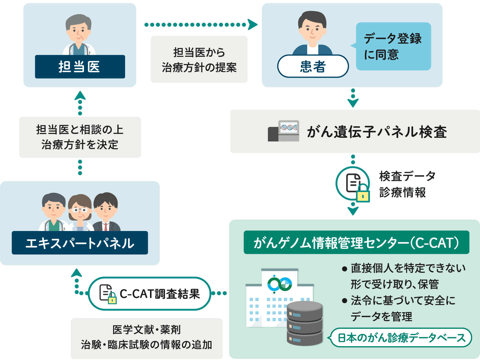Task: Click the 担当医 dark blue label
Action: click(80, 67)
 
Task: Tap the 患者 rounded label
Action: click(313, 66)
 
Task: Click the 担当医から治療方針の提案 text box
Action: click(199, 59)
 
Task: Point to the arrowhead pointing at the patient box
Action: click(253, 24)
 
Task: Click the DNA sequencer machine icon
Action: click(284, 131)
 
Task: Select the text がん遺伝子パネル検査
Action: click(376, 132)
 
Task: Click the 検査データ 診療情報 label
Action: click(406, 184)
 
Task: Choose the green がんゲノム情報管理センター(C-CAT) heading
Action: click(356, 242)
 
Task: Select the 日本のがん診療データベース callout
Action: click(401, 338)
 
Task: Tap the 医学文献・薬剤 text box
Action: click(147, 337)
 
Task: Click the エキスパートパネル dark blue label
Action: click(80, 243)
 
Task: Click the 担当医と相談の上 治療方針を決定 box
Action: click(80, 137)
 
